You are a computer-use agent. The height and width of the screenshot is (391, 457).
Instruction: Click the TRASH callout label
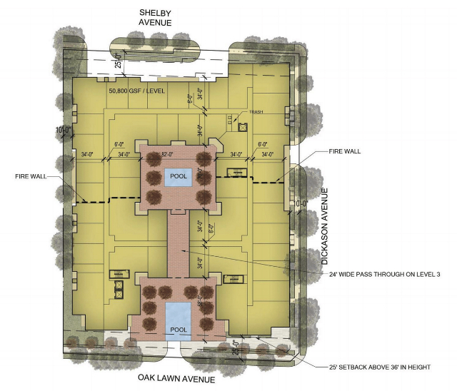tap(257, 113)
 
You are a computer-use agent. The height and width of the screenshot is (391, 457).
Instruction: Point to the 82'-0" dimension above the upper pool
tap(168, 154)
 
